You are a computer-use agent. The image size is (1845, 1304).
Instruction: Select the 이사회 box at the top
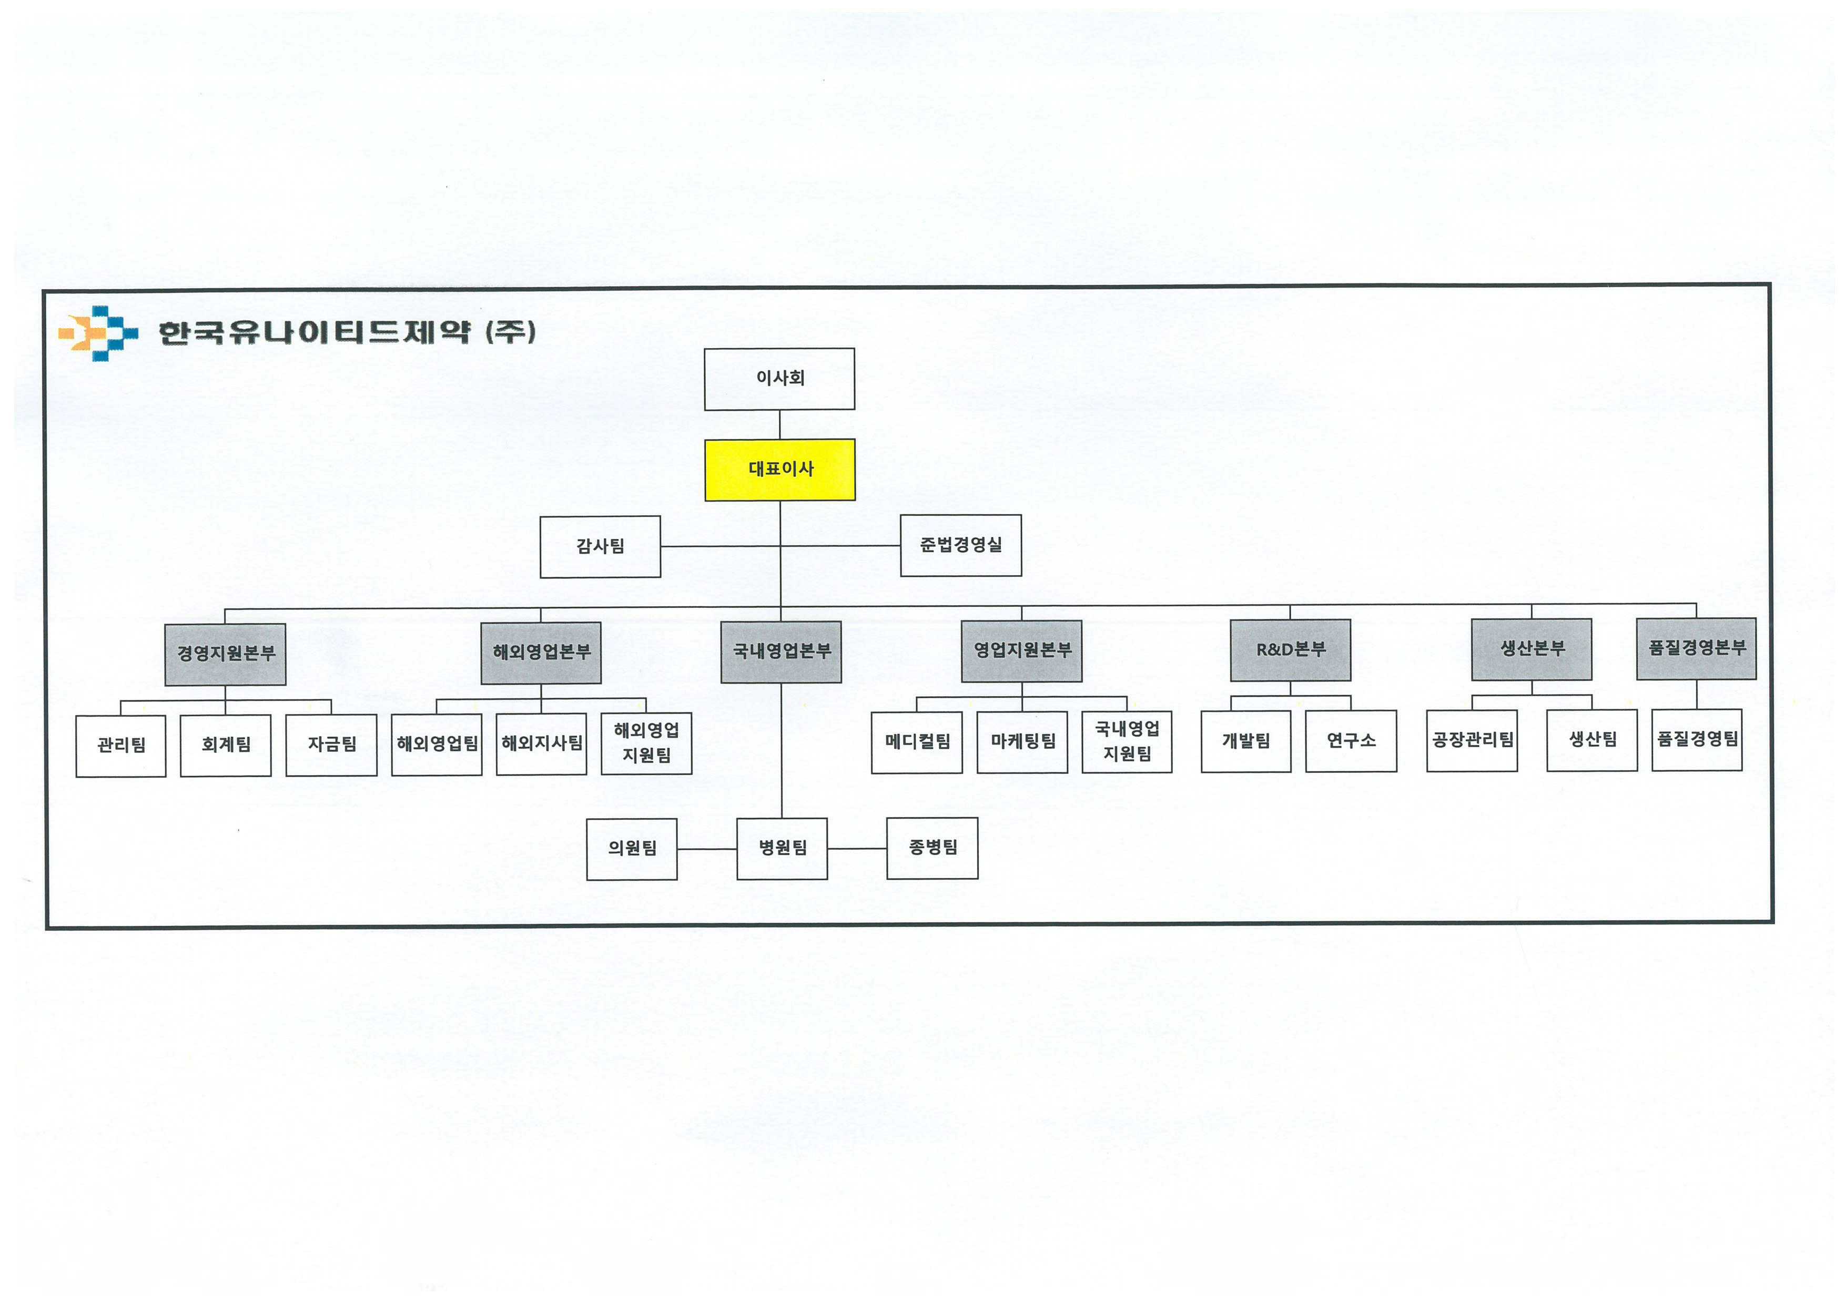point(779,379)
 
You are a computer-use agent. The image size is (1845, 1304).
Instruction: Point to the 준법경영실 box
point(961,546)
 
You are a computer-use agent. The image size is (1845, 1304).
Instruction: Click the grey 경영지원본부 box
point(225,654)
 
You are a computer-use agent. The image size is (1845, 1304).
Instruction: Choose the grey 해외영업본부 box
point(541,653)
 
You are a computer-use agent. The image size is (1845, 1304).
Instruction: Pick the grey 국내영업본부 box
point(781,651)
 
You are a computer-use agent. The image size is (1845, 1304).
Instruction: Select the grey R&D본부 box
point(1291,650)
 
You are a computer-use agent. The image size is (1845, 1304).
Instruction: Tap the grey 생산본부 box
point(1532,649)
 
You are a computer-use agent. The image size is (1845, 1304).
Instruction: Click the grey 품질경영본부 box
point(1696,648)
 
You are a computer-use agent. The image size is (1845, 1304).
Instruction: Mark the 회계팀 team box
point(226,746)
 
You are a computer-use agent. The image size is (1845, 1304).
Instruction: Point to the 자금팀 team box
point(331,745)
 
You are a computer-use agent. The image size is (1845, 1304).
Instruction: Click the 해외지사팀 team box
point(542,744)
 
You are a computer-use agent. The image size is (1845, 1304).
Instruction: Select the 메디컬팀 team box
point(917,742)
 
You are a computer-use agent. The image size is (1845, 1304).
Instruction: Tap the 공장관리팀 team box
point(1472,740)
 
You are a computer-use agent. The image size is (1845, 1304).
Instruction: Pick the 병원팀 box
point(782,849)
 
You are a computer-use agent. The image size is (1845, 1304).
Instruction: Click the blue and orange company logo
point(98,333)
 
